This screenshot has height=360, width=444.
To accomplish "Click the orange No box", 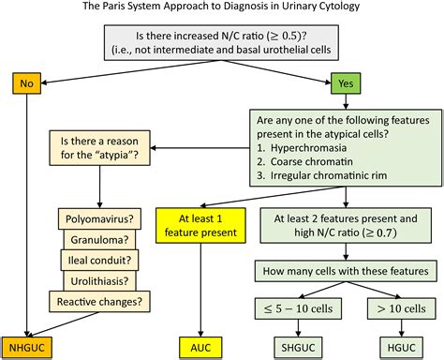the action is (26, 83).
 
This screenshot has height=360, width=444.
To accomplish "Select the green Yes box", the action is (346, 83).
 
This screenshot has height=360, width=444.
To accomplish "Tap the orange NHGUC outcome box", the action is (27, 348).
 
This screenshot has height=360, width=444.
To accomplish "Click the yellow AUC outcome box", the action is (200, 348).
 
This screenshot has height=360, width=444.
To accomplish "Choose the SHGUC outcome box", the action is (298, 348).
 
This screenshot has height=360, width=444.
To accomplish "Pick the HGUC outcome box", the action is (402, 348).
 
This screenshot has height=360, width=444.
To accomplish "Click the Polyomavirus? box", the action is (99, 218).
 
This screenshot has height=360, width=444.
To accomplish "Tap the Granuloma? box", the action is (99, 240).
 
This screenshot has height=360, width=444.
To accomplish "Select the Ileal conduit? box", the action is (99, 261).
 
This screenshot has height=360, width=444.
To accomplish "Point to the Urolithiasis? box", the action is (99, 281).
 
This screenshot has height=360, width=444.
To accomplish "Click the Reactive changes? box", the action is (99, 302).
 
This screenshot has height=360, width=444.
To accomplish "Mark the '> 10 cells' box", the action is (401, 308).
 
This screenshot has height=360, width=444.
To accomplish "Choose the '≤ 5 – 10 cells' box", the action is (298, 308).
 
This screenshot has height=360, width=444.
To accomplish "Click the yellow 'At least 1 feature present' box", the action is (200, 225).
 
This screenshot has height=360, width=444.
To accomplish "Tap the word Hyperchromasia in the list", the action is (308, 148).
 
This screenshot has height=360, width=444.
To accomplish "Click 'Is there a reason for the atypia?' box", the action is (99, 148).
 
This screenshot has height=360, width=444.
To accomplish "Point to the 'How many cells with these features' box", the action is (346, 271).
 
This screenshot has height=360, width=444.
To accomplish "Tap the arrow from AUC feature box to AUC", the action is (200, 290).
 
